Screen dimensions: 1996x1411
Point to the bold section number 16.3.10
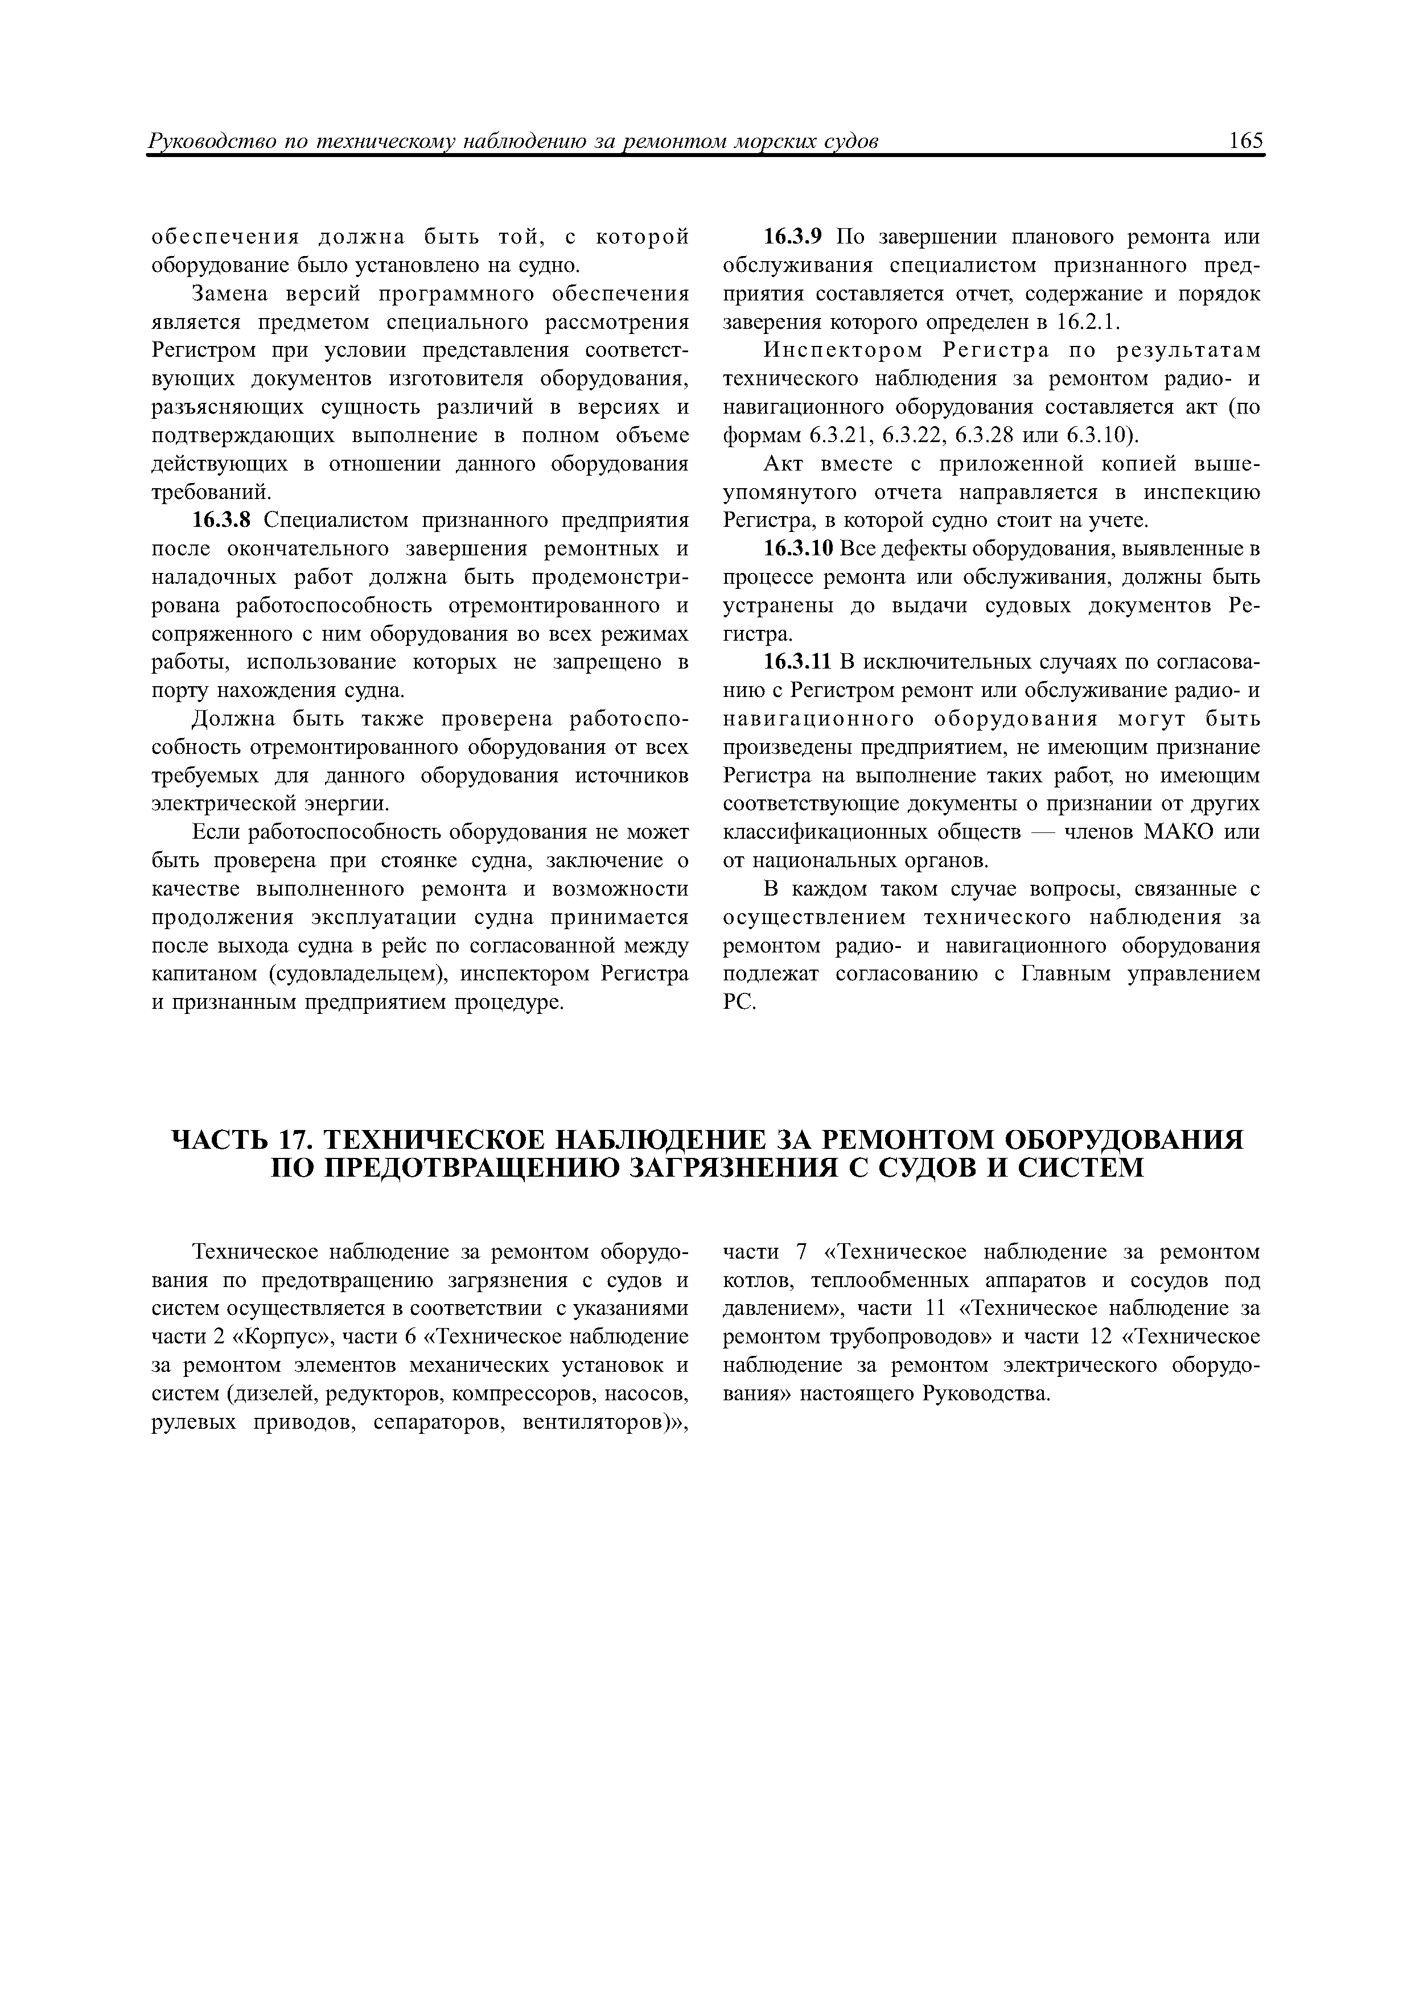pyautogui.click(x=798, y=550)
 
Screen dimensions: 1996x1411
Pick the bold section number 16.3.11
pyautogui.click(x=798, y=662)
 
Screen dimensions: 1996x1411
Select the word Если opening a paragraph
pyautogui.click(x=216, y=833)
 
